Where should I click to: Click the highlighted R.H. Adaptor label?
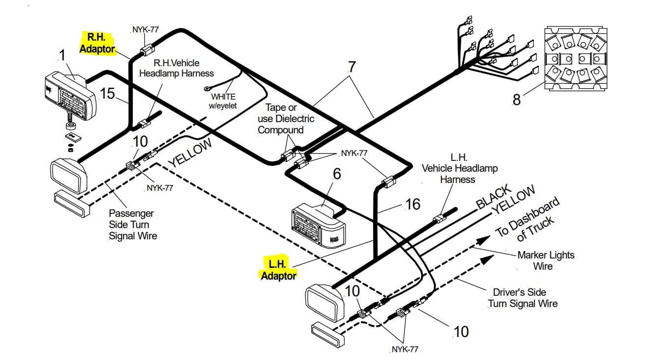click(x=97, y=43)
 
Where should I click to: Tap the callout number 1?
click(x=62, y=55)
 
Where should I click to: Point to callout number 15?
click(x=107, y=93)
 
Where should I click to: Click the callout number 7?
click(x=352, y=67)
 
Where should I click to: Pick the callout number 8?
click(x=517, y=100)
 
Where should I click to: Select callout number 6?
click(x=337, y=174)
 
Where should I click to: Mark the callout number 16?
click(x=413, y=204)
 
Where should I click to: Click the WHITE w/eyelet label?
click(x=223, y=101)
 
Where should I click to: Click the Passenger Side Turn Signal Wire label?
click(x=133, y=225)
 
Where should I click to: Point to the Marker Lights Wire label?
click(x=545, y=260)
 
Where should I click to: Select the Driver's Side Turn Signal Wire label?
click(x=523, y=298)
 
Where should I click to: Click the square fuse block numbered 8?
click(x=576, y=58)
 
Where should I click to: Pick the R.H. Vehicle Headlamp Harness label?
click(x=177, y=68)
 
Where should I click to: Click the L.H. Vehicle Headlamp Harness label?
click(x=459, y=168)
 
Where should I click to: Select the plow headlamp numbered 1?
click(x=71, y=95)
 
